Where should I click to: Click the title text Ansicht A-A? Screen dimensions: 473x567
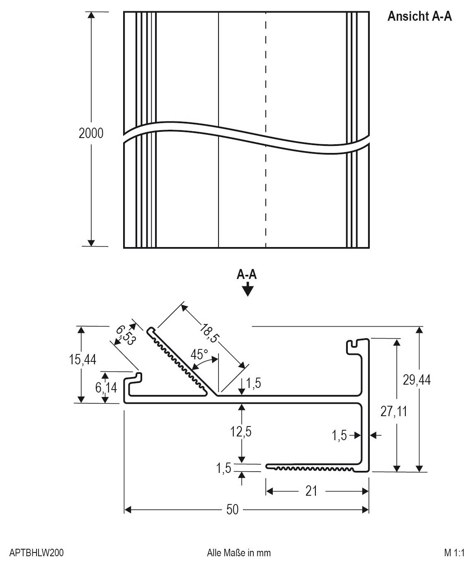click(420, 16)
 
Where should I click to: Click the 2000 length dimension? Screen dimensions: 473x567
click(91, 133)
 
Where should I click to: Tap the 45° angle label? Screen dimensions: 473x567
click(199, 354)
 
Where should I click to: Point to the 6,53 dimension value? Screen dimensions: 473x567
click(125, 336)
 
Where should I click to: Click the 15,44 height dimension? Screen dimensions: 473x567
click(82, 359)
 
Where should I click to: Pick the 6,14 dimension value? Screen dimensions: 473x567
click(106, 388)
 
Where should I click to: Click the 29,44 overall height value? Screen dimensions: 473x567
click(417, 380)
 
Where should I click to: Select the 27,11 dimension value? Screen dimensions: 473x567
click(394, 411)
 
